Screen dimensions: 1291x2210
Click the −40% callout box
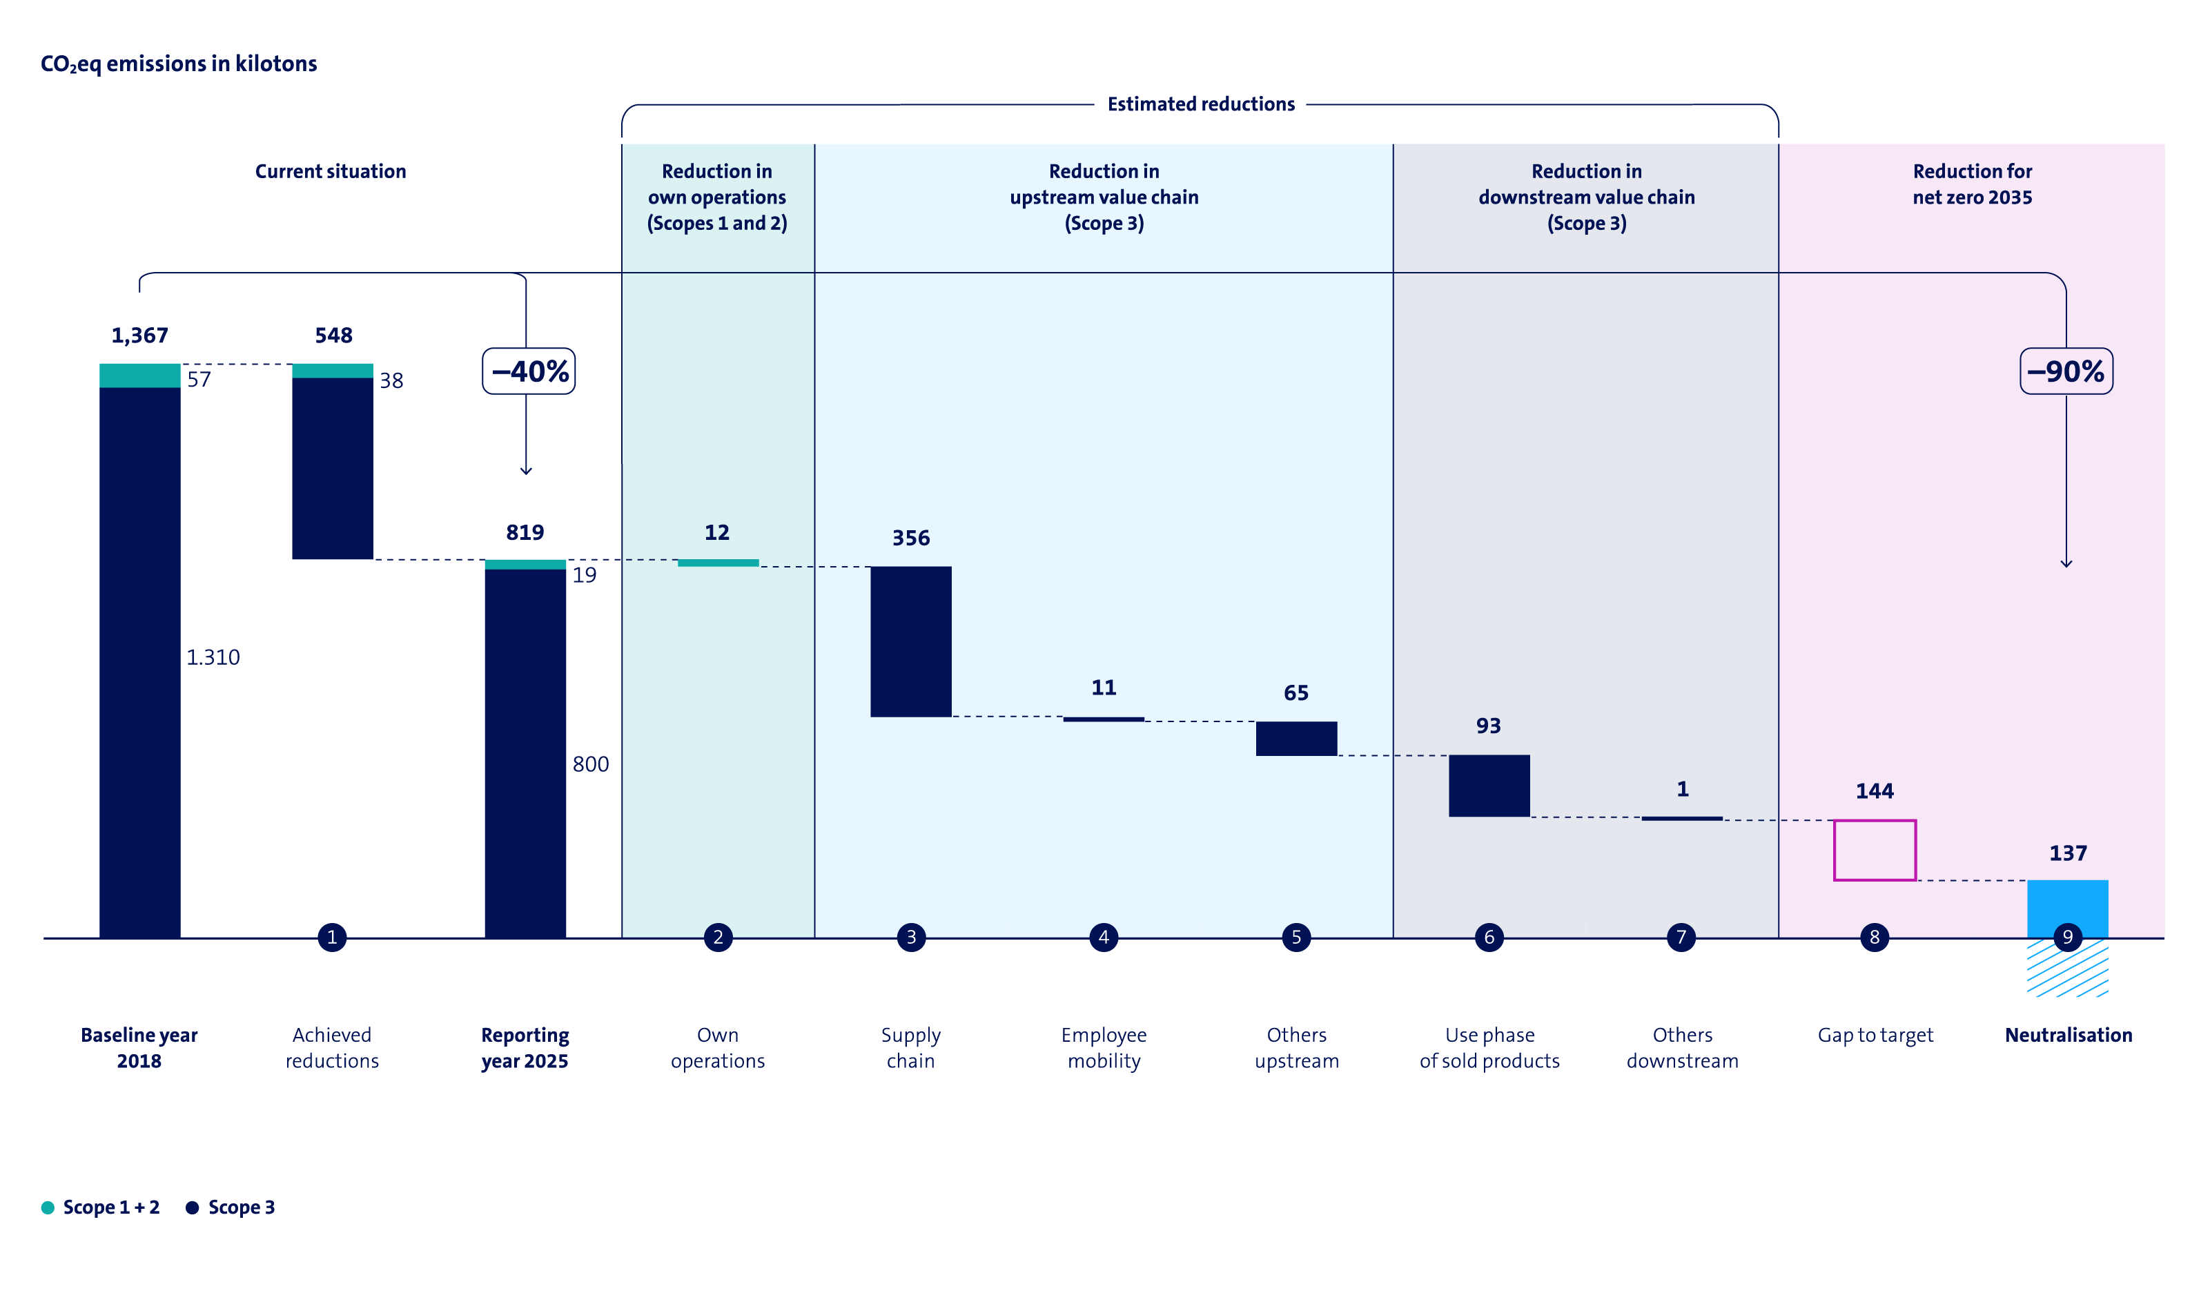[x=529, y=371]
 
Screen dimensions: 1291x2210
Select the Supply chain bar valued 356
[x=910, y=641]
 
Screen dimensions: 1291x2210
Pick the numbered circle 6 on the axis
[x=1489, y=937]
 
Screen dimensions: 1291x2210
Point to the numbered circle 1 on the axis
[x=331, y=937]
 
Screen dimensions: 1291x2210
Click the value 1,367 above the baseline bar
[x=139, y=335]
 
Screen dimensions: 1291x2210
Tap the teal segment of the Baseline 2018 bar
[x=139, y=376]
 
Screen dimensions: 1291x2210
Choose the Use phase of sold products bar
[x=1489, y=785]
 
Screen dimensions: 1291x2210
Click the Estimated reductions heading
[x=1200, y=104]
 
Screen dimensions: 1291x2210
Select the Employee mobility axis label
[x=1103, y=1047]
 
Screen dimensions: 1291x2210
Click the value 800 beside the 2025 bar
[x=590, y=764]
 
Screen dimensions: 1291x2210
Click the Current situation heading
[x=331, y=171]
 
